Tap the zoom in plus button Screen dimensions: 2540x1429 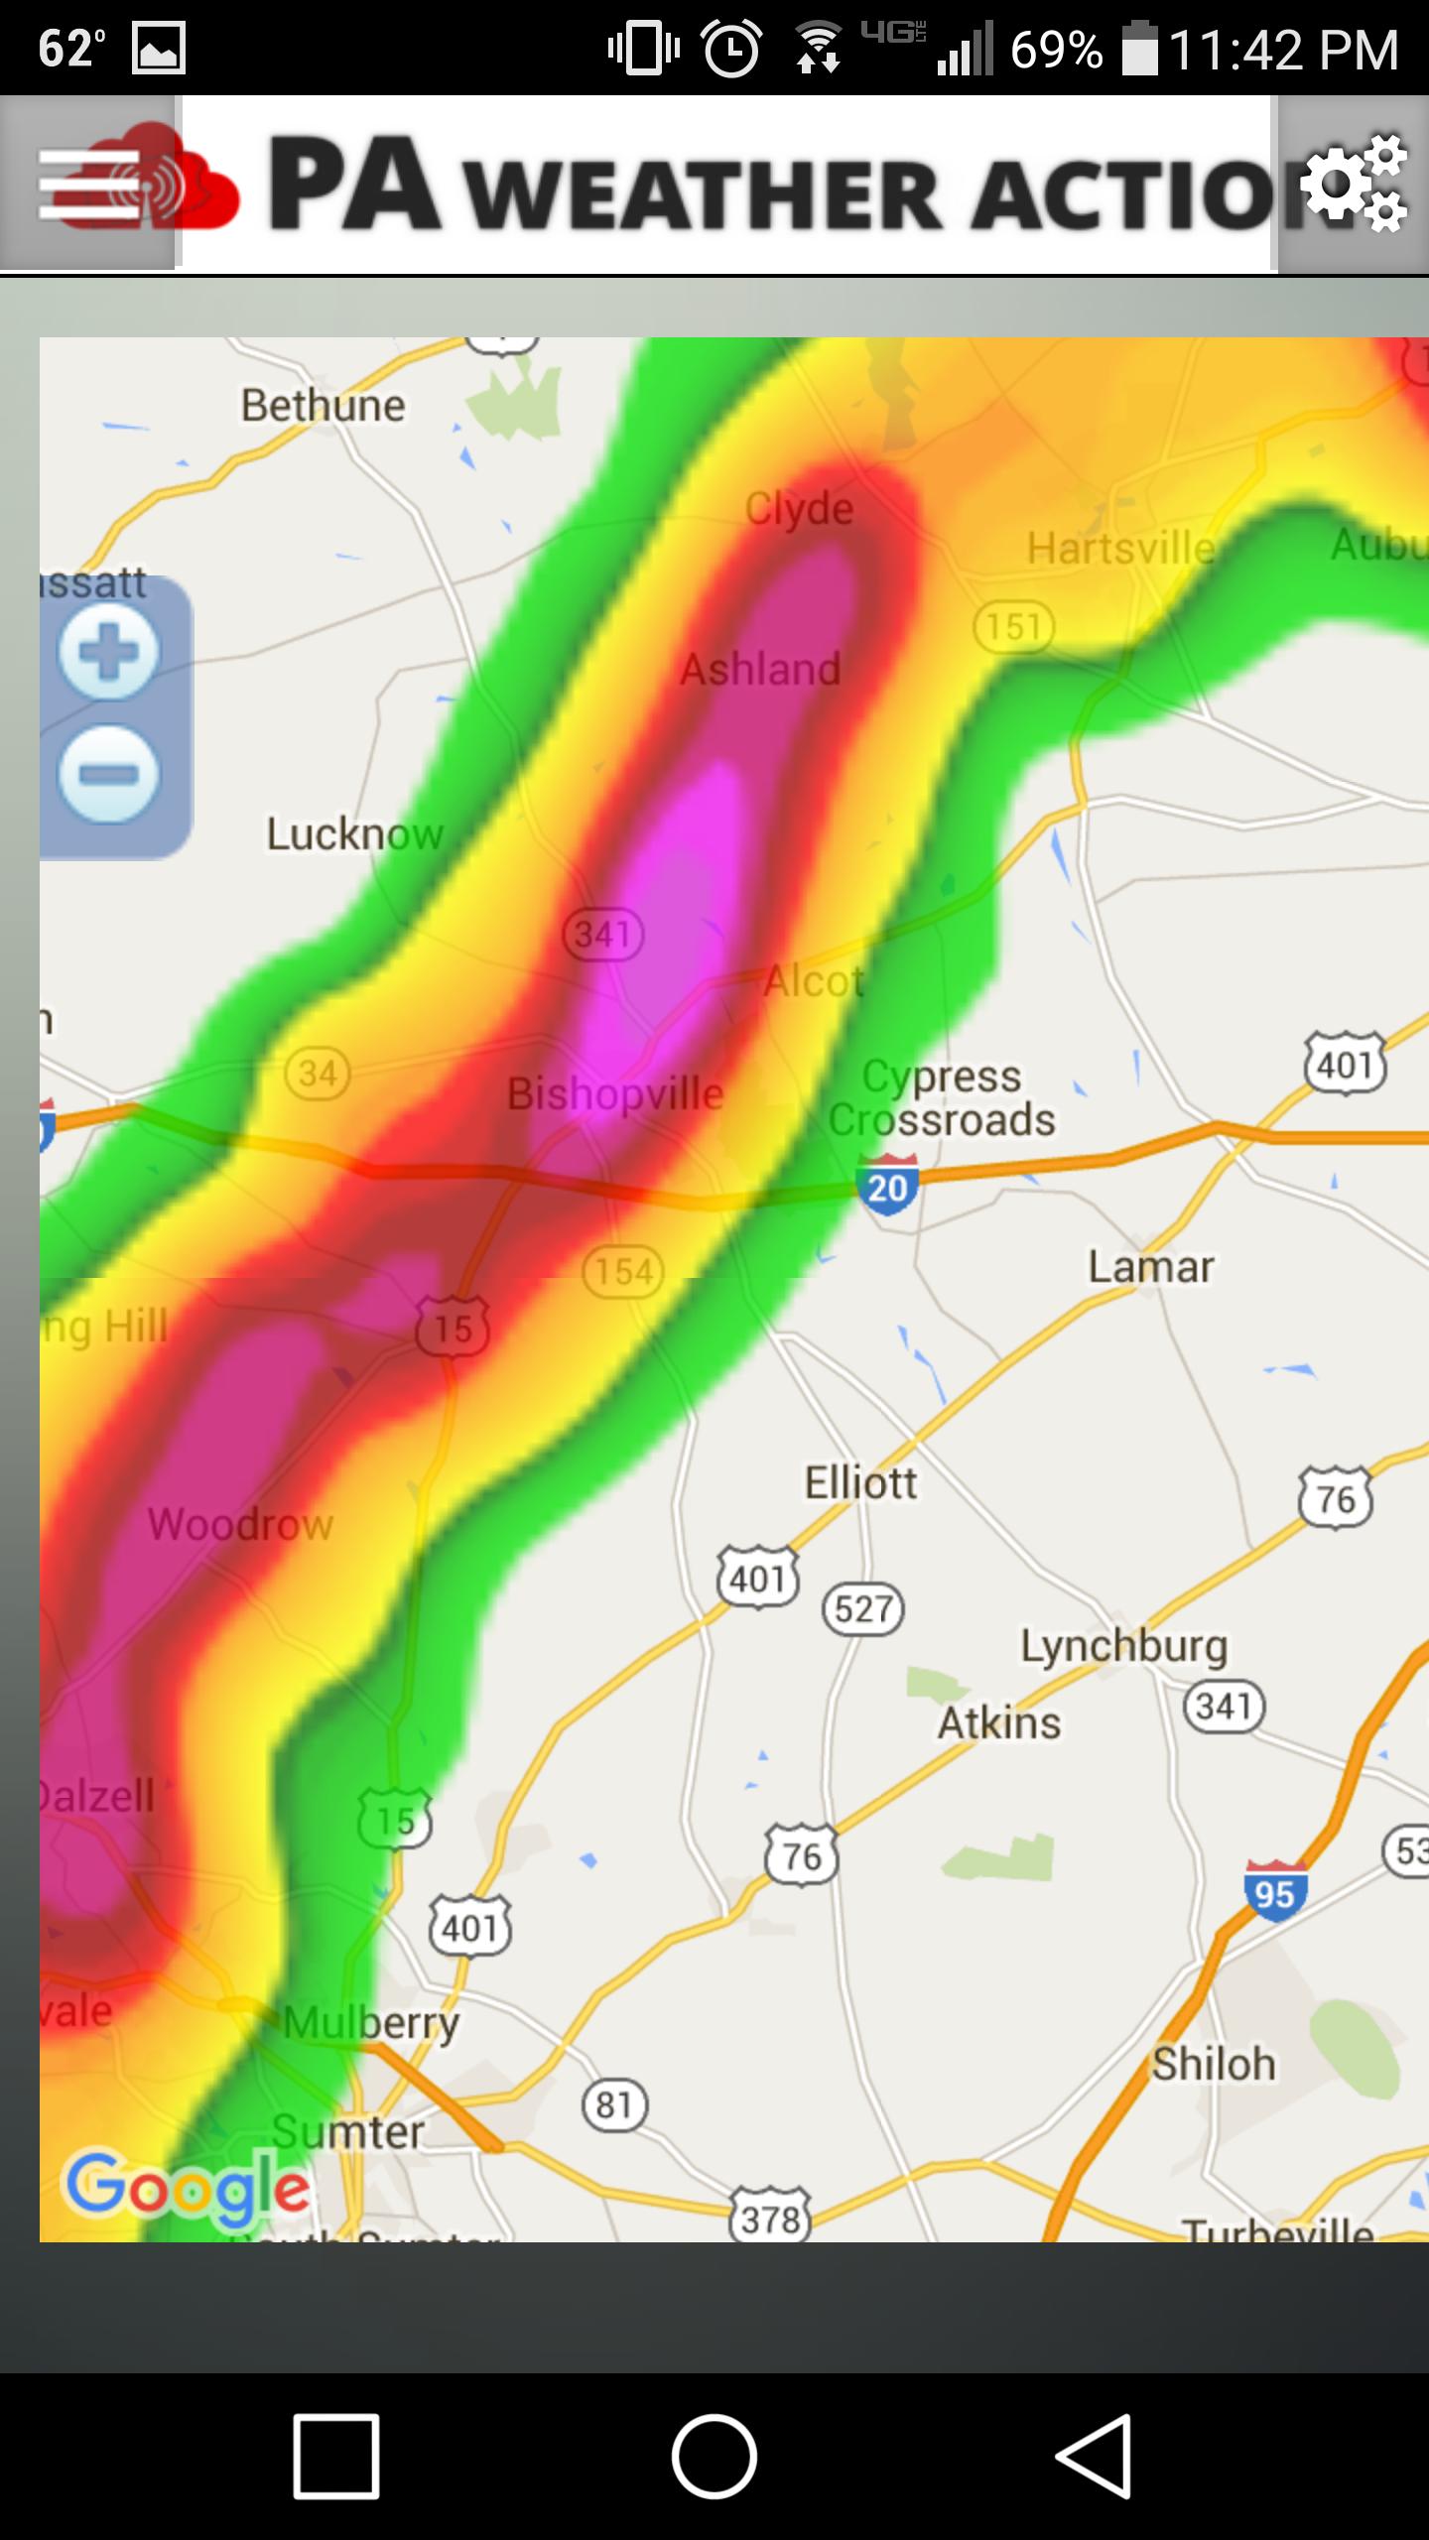(x=108, y=652)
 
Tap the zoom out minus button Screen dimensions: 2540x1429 (x=108, y=774)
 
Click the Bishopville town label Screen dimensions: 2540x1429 (x=615, y=1094)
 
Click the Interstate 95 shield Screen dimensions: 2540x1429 (x=1274, y=1892)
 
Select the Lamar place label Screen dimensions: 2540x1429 (x=1151, y=1267)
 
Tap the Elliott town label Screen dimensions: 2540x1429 (x=860, y=1483)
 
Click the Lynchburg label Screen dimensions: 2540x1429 (x=1124, y=1646)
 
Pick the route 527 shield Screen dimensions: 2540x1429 (x=863, y=1608)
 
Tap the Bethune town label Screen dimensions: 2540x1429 (x=324, y=405)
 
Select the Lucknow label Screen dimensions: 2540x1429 (x=354, y=833)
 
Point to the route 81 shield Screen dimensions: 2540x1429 (x=614, y=2103)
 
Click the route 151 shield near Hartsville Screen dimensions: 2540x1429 (x=1013, y=627)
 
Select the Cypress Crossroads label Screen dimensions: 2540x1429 (x=941, y=1097)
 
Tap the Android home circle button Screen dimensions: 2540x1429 (x=714, y=2457)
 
